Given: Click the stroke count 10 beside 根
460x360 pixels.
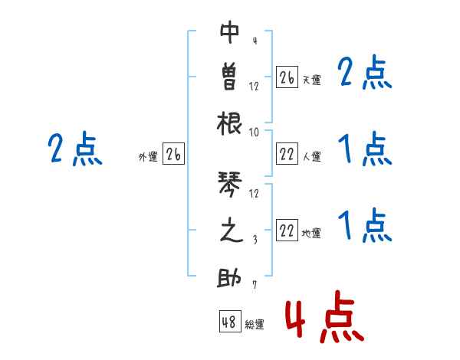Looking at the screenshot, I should tap(254, 132).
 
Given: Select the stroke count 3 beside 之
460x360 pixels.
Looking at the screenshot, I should tap(254, 239).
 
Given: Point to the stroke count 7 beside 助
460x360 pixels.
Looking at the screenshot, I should tap(254, 285).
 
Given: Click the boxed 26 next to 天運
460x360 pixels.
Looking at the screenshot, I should tap(287, 77).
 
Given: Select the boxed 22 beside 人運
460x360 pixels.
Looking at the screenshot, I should tap(287, 154).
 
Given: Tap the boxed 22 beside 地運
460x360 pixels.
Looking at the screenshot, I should tap(287, 231).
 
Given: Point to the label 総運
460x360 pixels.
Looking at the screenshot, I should tap(255, 325).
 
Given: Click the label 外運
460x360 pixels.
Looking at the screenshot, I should tap(148, 157).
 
